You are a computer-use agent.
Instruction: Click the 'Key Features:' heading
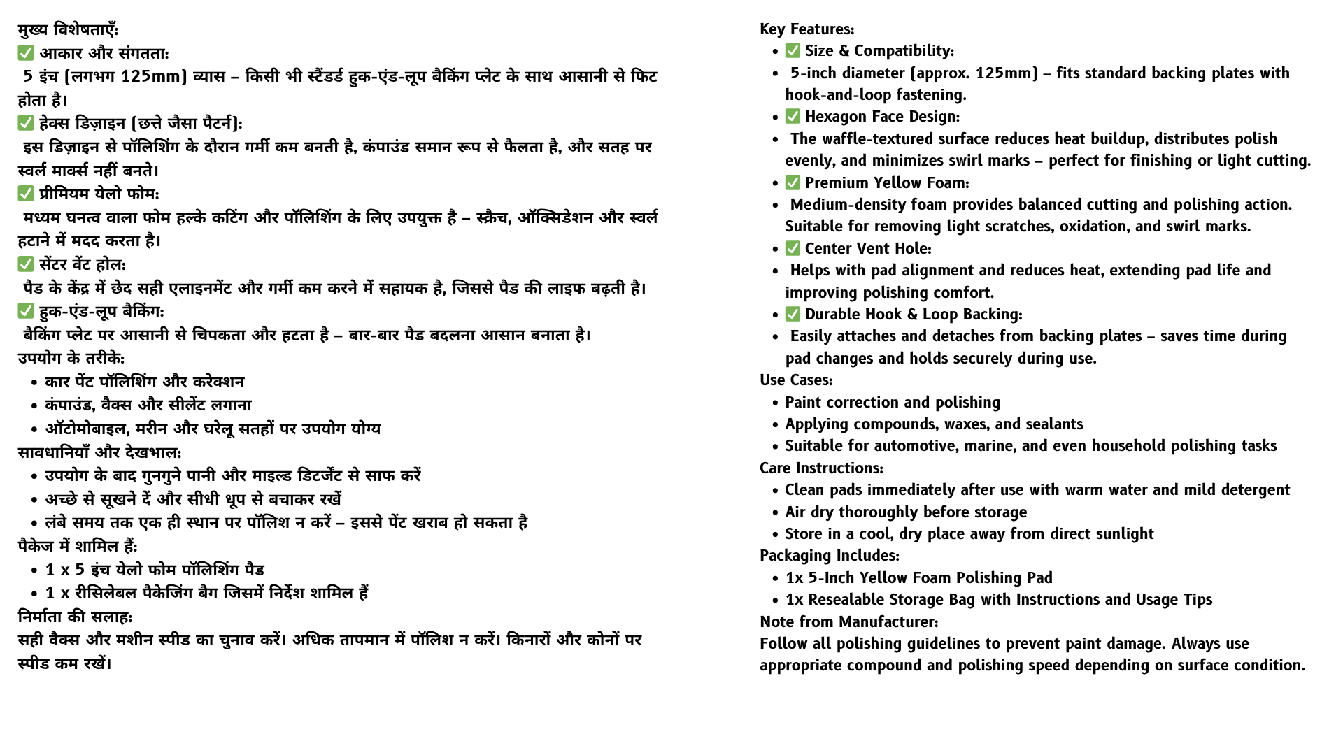tap(806, 29)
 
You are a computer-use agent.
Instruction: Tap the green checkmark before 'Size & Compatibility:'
tap(793, 51)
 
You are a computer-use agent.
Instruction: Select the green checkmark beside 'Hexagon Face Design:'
tap(793, 117)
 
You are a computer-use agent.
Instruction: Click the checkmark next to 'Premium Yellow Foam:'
tap(793, 183)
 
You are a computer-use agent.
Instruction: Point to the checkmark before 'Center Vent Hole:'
tap(793, 249)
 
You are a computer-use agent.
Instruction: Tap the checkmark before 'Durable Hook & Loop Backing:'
tap(793, 315)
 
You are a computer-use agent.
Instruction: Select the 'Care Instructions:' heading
tap(821, 468)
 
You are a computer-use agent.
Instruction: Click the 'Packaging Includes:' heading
tap(830, 556)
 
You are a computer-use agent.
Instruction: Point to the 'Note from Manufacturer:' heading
tap(849, 622)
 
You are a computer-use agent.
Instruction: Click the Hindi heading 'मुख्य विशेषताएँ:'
tap(68, 30)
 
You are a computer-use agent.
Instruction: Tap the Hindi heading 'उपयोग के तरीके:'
tap(71, 358)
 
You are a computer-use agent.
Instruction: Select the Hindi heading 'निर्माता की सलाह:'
tap(75, 617)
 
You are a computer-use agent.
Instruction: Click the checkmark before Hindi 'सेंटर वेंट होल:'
tap(26, 264)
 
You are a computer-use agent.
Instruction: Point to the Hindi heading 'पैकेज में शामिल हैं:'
tap(78, 546)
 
